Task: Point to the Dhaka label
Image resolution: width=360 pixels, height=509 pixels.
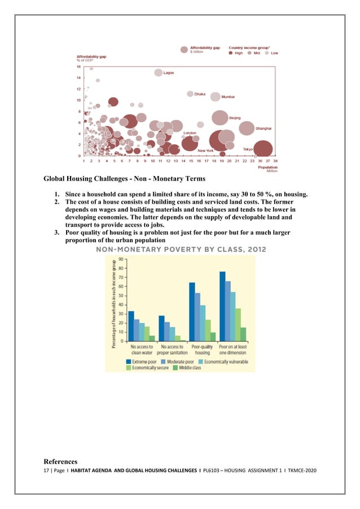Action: click(200, 94)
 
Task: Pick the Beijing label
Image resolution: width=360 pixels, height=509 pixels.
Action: click(235, 117)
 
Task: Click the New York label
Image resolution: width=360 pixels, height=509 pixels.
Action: click(205, 151)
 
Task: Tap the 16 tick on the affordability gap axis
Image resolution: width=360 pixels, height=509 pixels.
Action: click(79, 67)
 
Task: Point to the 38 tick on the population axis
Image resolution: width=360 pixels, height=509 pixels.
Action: click(275, 161)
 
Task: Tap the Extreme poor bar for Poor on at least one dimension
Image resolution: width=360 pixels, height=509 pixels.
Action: click(222, 306)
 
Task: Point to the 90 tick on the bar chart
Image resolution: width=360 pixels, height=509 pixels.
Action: click(121, 260)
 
